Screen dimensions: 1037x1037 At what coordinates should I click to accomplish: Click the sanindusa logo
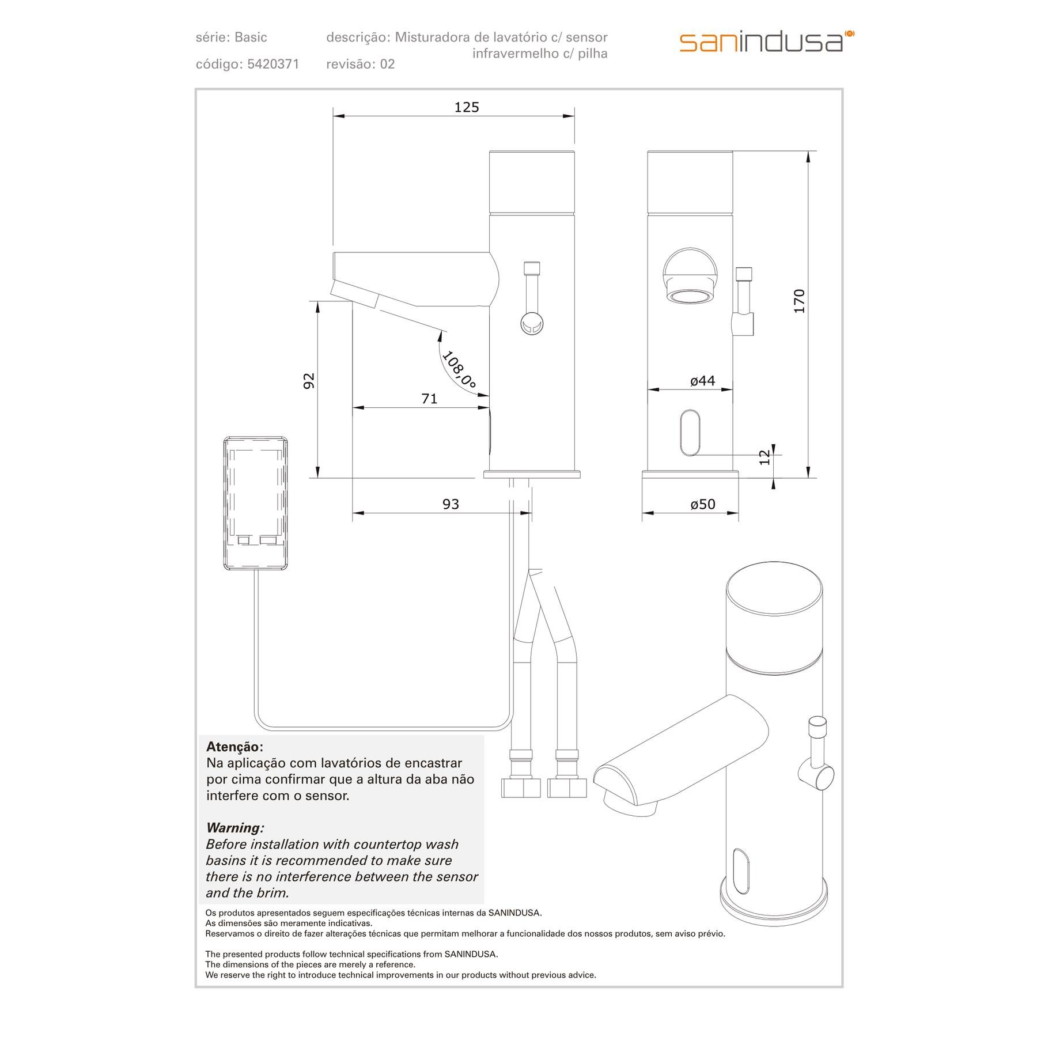[766, 42]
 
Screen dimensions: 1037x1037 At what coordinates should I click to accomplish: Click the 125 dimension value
[467, 107]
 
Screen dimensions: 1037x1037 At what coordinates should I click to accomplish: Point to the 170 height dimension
[799, 301]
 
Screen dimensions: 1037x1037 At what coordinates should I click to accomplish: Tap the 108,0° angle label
[459, 370]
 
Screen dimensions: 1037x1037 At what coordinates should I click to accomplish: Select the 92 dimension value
[309, 381]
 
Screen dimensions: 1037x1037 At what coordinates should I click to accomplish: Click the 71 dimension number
[430, 399]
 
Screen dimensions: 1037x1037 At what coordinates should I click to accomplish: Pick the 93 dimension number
[451, 504]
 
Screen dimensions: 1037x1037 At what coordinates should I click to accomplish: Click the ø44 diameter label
[703, 381]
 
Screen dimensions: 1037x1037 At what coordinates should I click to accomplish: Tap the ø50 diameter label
[703, 504]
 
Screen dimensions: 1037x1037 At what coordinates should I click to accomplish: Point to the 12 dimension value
[764, 457]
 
